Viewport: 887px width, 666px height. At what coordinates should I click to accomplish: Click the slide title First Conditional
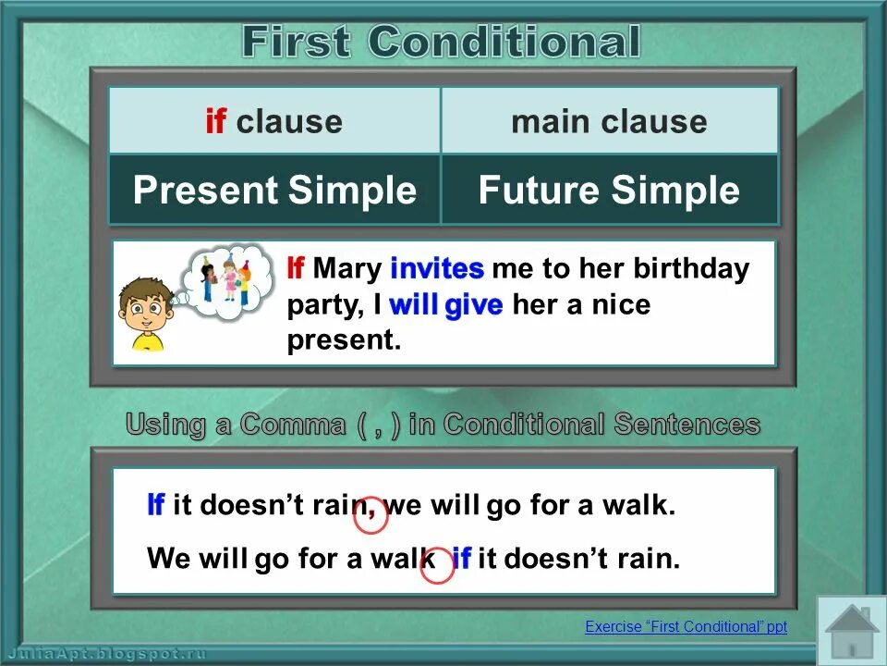441,42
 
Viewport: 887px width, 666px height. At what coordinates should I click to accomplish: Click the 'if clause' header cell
273,121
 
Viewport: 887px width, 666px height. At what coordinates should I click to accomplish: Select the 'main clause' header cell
609,121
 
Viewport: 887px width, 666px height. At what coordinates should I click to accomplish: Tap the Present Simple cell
274,190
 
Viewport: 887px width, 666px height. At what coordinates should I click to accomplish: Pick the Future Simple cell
609,190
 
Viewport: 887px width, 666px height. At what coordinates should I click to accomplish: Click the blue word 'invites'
437,269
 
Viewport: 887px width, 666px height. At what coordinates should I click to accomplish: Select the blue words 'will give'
446,305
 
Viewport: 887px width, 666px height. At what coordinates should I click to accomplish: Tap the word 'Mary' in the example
348,269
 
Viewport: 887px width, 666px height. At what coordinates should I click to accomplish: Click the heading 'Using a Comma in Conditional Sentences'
443,425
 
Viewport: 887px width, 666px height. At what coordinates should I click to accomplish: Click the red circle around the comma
371,515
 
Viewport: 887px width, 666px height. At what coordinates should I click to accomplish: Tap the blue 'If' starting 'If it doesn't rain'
155,506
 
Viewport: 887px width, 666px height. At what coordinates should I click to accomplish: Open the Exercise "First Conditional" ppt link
686,627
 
